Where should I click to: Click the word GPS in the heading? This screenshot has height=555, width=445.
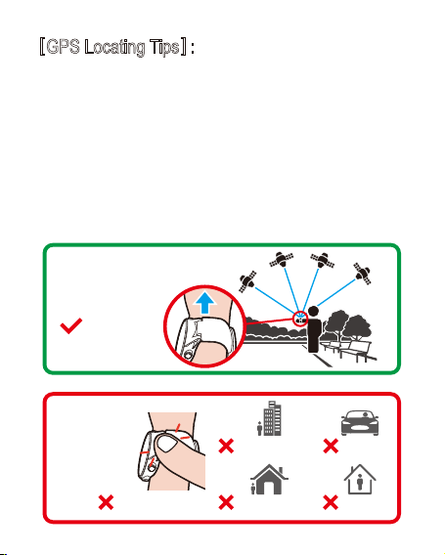[x=63, y=47]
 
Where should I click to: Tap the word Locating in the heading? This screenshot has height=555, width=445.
[x=114, y=48]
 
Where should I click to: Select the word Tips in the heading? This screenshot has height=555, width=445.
[x=164, y=48]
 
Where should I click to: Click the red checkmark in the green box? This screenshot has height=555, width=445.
[x=71, y=325]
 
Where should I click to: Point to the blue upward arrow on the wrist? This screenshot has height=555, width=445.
[x=204, y=303]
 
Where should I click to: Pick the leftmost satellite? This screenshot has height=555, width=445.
[x=247, y=281]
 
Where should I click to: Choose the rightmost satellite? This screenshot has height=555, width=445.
[x=362, y=274]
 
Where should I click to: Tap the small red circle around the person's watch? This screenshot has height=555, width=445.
[x=300, y=319]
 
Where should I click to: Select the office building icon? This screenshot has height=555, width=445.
[x=272, y=418]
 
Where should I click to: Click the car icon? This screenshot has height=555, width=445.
[x=360, y=423]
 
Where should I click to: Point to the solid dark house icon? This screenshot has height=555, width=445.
[x=270, y=479]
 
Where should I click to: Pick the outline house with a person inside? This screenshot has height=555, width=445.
[x=360, y=479]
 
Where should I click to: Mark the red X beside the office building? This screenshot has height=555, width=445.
[x=226, y=446]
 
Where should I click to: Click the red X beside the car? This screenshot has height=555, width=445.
[x=331, y=446]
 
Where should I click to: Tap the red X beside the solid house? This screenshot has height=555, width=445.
[x=226, y=502]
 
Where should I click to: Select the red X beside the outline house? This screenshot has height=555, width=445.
[x=331, y=502]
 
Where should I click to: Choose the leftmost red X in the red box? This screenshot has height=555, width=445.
[x=106, y=502]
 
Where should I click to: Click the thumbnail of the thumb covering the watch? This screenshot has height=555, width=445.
[x=166, y=444]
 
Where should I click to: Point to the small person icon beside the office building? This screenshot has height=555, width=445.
[x=260, y=428]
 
